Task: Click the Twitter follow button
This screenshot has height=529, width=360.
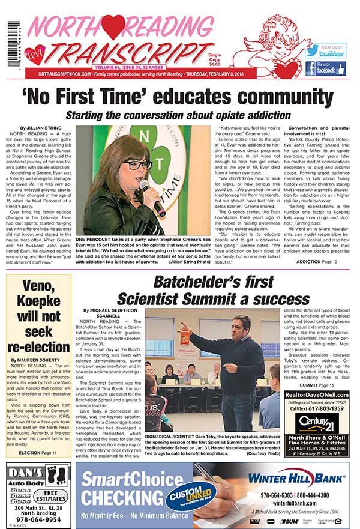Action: (x=325, y=50)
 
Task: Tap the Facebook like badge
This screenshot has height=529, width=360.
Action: (x=325, y=68)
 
